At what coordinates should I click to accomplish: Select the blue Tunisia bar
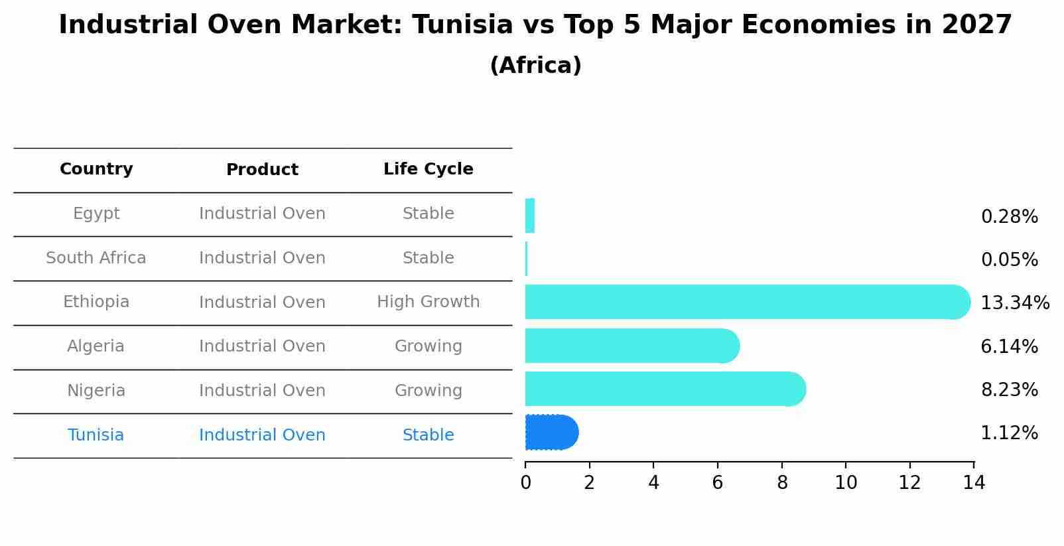[551, 433]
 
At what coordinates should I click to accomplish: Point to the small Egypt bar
[530, 216]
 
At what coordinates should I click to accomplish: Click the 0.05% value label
[1009, 260]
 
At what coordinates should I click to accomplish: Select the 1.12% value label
[1009, 433]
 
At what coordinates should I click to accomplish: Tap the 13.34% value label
[1014, 303]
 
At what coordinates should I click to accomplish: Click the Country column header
[96, 169]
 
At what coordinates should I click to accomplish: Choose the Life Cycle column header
[428, 169]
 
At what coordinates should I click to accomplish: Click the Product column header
[262, 170]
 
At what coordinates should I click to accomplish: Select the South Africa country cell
[96, 258]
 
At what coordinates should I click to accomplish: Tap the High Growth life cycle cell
[428, 302]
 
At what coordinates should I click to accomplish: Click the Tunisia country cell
[96, 435]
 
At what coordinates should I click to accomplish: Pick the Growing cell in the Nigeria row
[428, 391]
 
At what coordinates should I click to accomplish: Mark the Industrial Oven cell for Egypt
[262, 214]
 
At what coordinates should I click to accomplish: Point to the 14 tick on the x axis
[973, 483]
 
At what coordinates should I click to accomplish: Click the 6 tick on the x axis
[717, 483]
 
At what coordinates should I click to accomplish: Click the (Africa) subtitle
[535, 66]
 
